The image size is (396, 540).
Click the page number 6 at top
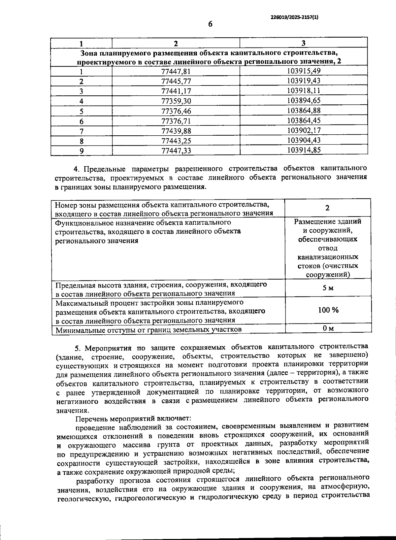click(210, 24)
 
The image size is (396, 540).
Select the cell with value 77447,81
click(176, 71)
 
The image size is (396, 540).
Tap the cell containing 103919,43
click(304, 81)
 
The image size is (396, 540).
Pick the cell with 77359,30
click(176, 101)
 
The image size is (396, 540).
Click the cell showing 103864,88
click(304, 111)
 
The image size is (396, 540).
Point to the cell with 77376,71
click(176, 121)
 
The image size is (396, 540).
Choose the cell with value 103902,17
click(304, 131)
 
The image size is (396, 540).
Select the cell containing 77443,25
click(176, 141)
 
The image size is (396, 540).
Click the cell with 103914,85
click(304, 150)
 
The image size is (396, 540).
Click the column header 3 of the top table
click(303, 43)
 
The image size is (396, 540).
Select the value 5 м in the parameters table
click(328, 288)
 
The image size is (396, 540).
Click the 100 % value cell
click(328, 310)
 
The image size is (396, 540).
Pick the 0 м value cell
click(328, 328)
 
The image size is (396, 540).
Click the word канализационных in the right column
click(328, 257)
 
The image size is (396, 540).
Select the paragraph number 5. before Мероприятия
click(78, 349)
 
